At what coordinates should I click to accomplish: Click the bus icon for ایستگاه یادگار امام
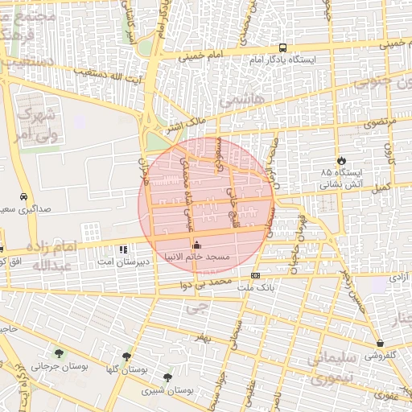pyautogui.click(x=282, y=47)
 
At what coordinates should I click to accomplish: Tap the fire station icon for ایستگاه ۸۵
pyautogui.click(x=342, y=160)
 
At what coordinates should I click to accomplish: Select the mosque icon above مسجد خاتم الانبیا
pyautogui.click(x=198, y=245)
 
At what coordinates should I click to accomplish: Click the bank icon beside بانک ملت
pyautogui.click(x=255, y=275)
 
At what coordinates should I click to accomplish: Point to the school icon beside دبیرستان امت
pyautogui.click(x=122, y=249)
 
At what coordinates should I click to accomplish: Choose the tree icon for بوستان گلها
pyautogui.click(x=127, y=356)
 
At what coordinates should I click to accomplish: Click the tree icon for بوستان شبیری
pyautogui.click(x=167, y=377)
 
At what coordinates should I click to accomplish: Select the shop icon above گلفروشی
pyautogui.click(x=379, y=343)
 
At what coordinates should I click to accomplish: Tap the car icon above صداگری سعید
pyautogui.click(x=24, y=196)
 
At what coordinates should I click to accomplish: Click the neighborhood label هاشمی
pyautogui.click(x=237, y=101)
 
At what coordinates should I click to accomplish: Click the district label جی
pyautogui.click(x=192, y=307)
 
